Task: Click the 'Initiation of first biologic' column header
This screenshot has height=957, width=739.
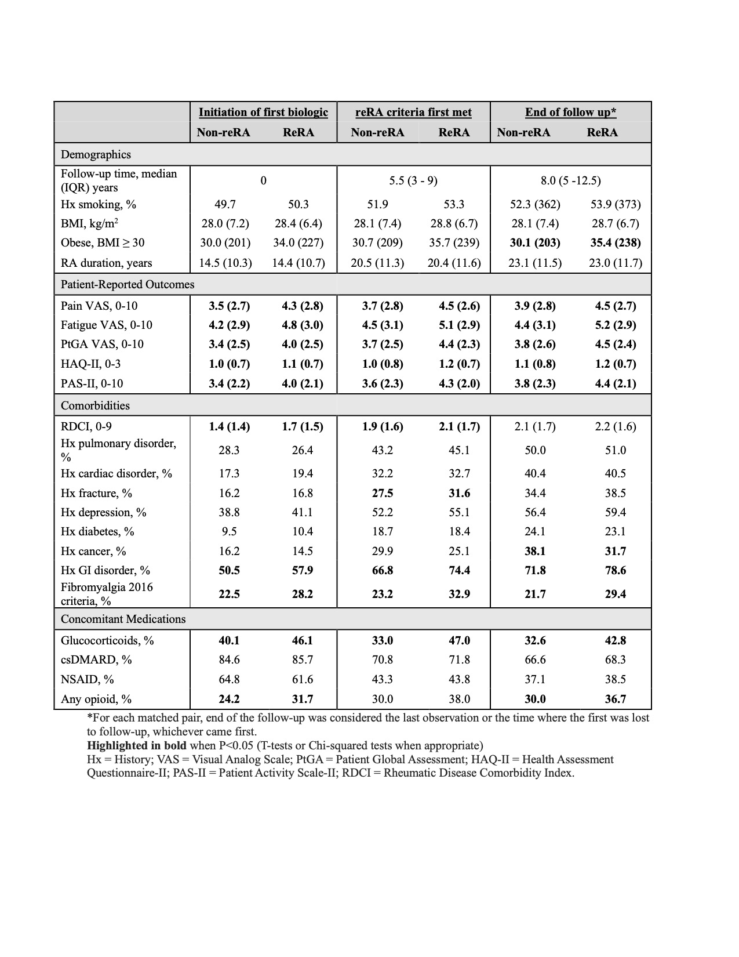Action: [x=263, y=113]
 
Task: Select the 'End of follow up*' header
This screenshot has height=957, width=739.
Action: [x=570, y=113]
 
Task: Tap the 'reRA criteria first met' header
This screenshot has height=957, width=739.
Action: [x=413, y=113]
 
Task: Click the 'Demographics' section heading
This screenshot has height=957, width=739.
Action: [x=96, y=154]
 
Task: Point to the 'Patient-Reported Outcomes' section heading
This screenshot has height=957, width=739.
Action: [x=128, y=285]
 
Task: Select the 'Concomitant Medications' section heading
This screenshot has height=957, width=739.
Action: [x=123, y=619]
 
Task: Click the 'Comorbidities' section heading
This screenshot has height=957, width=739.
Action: [x=95, y=405]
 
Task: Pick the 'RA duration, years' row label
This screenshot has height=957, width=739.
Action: [x=106, y=263]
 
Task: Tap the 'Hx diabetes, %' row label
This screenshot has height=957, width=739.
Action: [x=97, y=531]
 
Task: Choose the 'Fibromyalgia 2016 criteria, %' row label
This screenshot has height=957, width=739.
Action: [x=107, y=594]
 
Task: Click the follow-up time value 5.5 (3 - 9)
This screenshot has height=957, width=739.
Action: [x=413, y=180]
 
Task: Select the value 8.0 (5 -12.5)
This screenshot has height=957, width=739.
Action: [x=570, y=180]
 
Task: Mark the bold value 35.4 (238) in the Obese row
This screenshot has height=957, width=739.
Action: [x=616, y=243]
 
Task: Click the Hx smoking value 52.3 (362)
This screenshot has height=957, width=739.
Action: [x=535, y=204]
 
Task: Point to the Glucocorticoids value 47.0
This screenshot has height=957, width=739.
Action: [x=459, y=640]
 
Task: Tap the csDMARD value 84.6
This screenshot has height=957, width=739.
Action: [x=229, y=659]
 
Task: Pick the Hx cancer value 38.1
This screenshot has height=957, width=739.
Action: [x=535, y=551]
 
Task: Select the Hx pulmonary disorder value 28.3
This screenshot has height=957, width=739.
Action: [x=229, y=450]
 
